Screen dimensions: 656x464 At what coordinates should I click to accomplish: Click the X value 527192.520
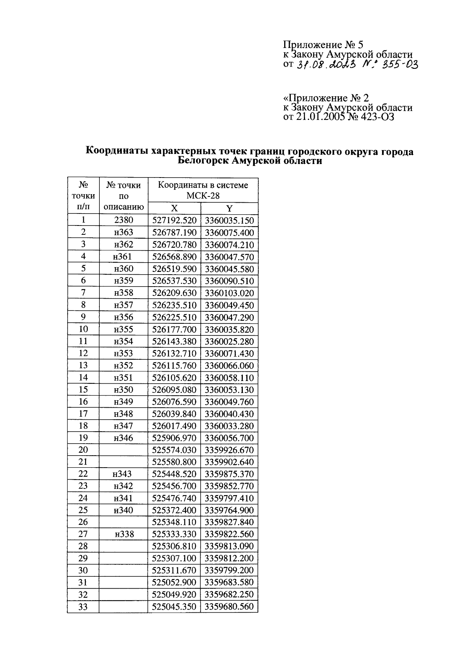click(174, 221)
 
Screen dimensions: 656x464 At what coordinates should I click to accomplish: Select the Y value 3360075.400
click(229, 233)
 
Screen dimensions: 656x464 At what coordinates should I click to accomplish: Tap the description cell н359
click(123, 281)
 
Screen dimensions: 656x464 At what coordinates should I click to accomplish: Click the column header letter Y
click(229, 209)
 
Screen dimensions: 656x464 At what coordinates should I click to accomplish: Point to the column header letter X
click(174, 209)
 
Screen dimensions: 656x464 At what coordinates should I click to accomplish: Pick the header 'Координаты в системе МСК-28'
click(203, 190)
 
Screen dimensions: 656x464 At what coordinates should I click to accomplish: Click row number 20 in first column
click(83, 450)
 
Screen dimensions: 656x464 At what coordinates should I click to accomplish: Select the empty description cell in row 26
click(123, 522)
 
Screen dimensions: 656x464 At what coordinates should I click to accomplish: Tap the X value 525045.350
click(174, 606)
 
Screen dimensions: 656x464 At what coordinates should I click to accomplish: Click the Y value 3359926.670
click(229, 450)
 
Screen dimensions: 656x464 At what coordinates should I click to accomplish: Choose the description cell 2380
click(123, 220)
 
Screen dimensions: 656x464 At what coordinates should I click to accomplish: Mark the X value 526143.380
click(174, 342)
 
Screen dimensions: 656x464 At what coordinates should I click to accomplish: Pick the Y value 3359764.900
click(229, 510)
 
